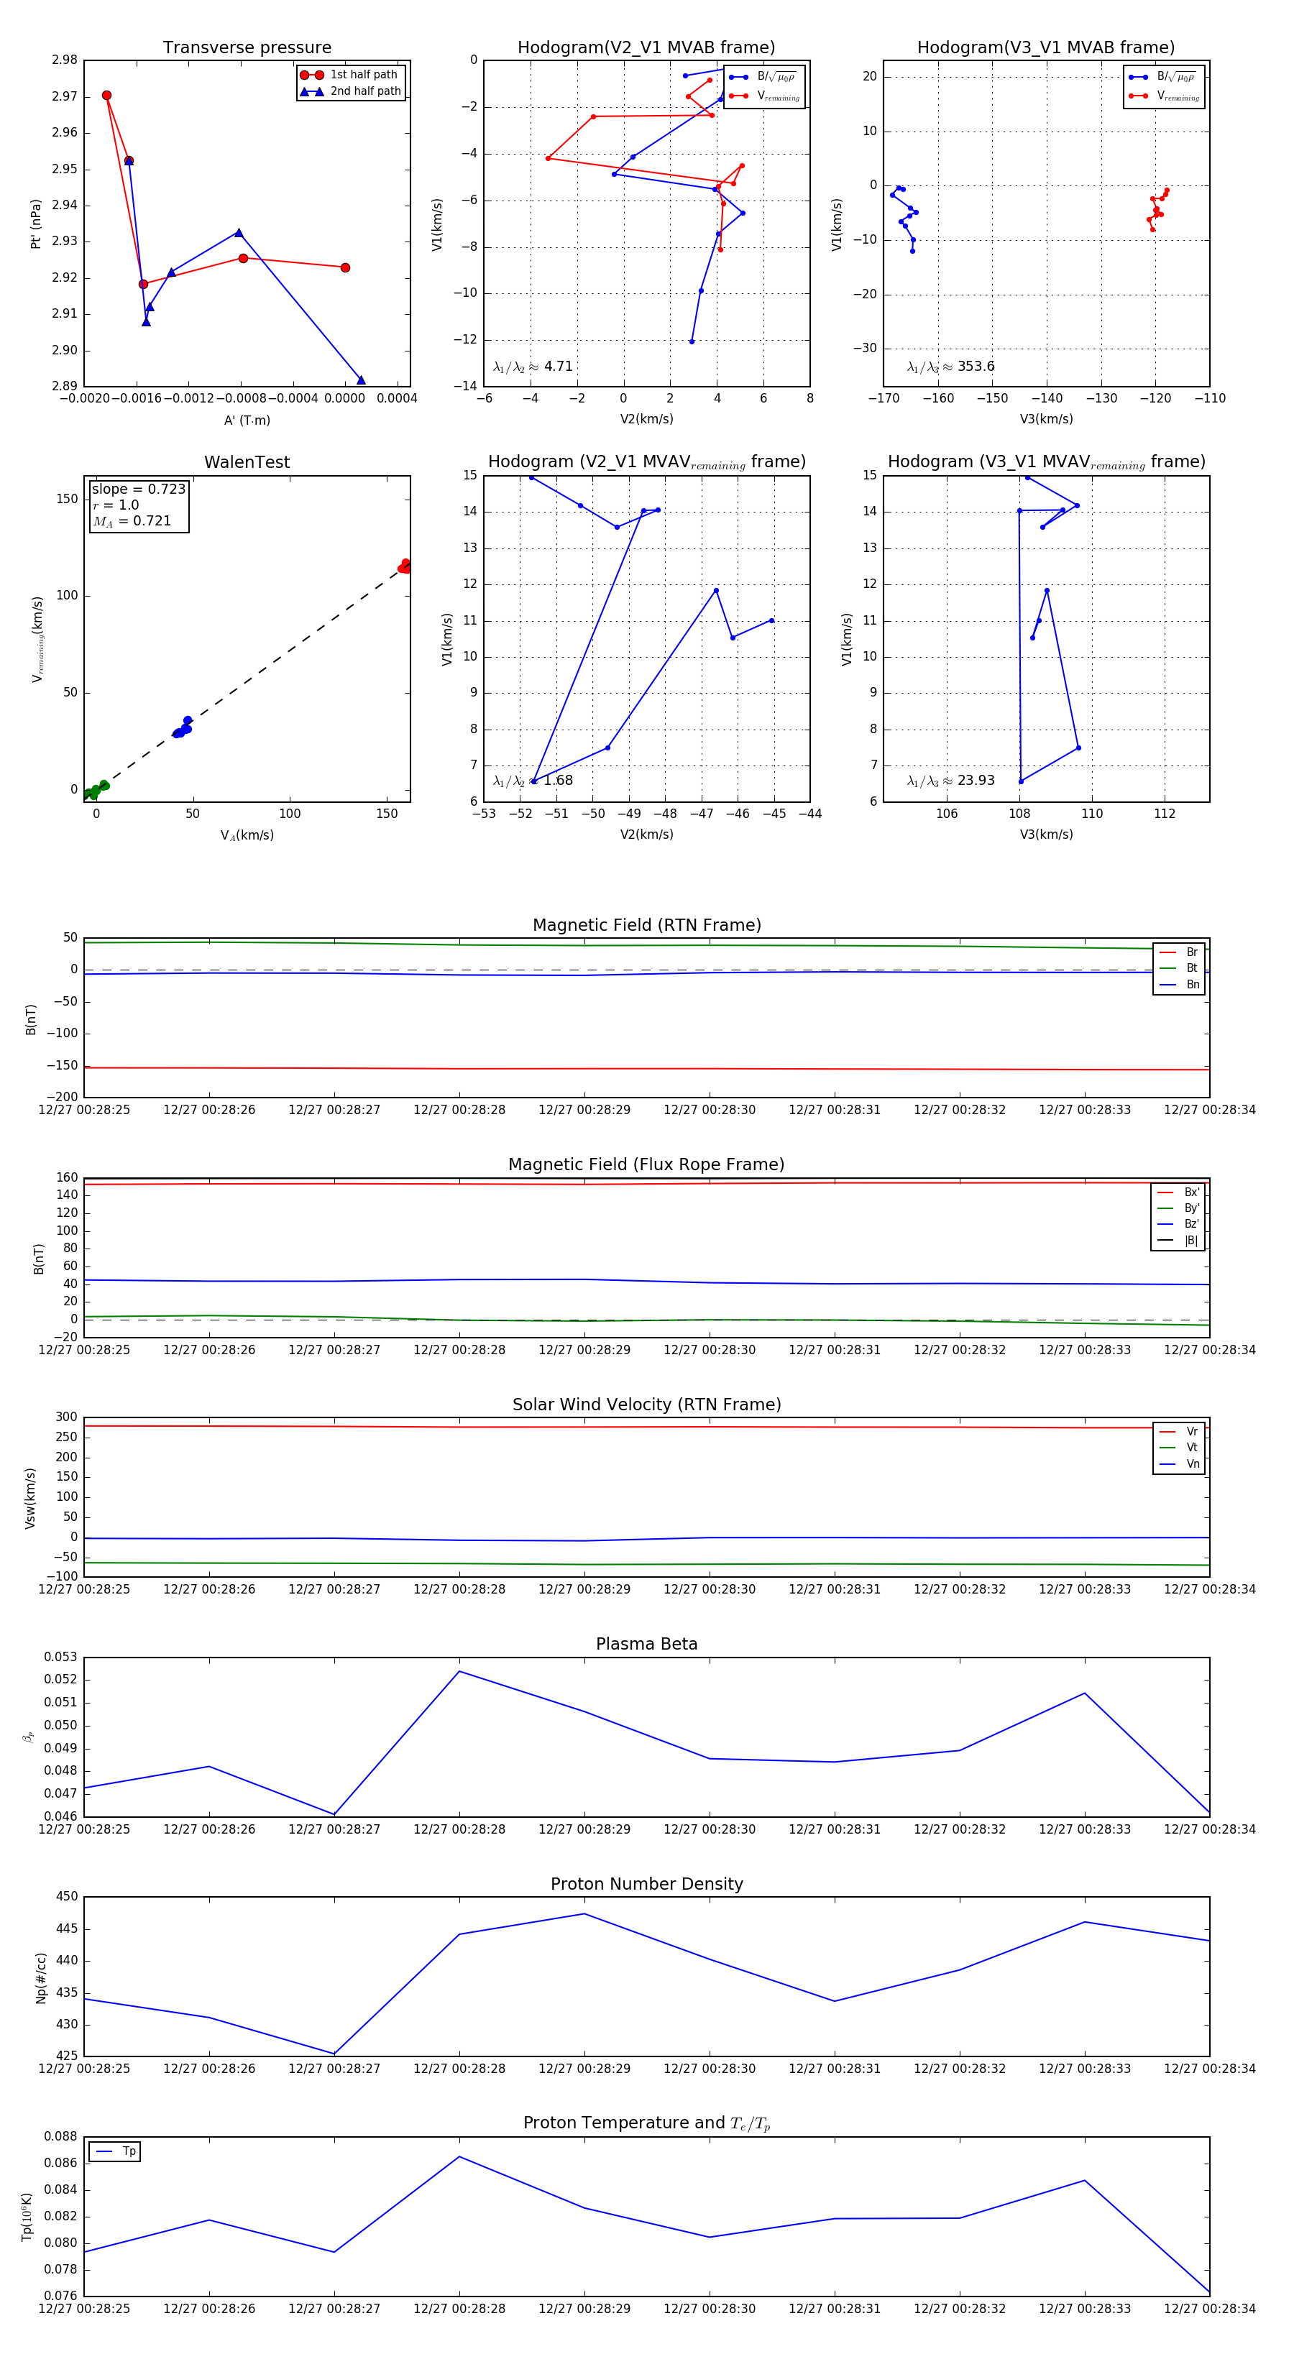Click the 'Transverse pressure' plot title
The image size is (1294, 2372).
click(247, 48)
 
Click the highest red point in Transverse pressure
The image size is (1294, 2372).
click(107, 96)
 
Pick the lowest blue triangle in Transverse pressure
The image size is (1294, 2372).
click(361, 380)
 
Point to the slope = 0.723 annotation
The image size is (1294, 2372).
click(138, 489)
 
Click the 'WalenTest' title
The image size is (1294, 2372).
click(247, 462)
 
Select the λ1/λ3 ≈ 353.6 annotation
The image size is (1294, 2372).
click(950, 367)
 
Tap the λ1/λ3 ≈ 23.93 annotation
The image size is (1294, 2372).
click(950, 781)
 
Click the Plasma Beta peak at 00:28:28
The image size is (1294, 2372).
click(459, 1671)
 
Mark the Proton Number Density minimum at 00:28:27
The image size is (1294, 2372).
click(334, 2054)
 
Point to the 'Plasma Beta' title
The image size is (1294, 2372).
click(646, 1645)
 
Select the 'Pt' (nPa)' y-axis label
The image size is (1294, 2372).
click(36, 224)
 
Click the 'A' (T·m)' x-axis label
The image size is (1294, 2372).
click(247, 420)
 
